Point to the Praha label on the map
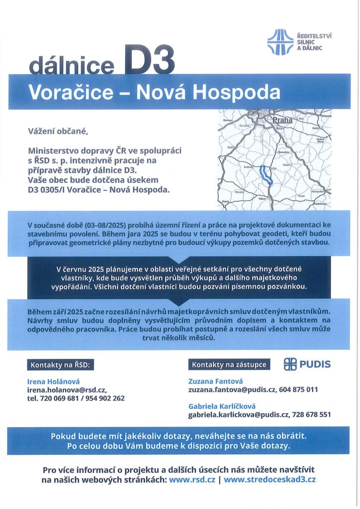[x=282, y=120]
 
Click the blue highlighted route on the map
[x=264, y=175]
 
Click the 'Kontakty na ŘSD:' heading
[x=60, y=365]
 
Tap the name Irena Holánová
[x=52, y=381]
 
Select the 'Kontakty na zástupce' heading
[x=229, y=365]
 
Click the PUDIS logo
[x=307, y=365]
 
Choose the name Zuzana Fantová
[x=212, y=381]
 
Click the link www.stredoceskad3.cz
[x=270, y=480]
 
